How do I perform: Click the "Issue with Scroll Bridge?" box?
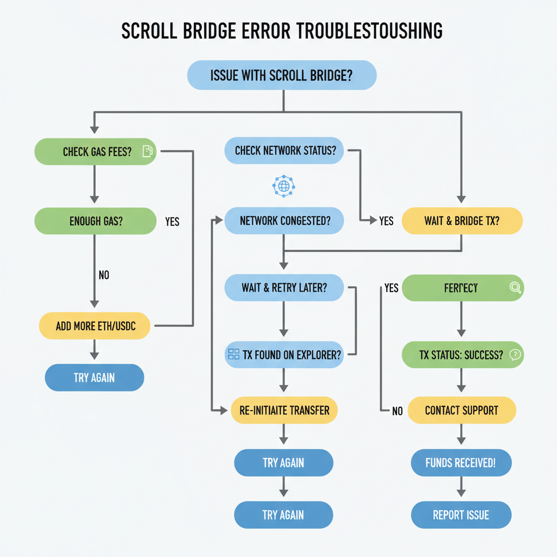281,75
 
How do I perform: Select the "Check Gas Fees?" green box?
96,152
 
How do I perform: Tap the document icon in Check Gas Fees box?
147,151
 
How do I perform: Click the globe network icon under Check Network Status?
283,186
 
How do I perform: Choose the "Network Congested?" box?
284,221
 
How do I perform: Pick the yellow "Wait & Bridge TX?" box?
462,221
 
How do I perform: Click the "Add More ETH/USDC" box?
95,326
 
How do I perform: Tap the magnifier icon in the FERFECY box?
515,288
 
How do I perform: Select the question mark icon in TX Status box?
515,355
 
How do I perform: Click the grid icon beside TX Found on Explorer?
234,355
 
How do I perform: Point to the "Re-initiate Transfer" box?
284,410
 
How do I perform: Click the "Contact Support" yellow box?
461,410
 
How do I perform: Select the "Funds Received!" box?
461,463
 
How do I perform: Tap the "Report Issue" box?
461,515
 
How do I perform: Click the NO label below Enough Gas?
104,275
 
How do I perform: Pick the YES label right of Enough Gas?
172,222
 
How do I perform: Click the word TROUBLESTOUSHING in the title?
369,32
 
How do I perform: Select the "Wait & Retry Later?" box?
284,288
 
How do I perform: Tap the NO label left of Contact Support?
397,411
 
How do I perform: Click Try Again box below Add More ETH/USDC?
94,377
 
